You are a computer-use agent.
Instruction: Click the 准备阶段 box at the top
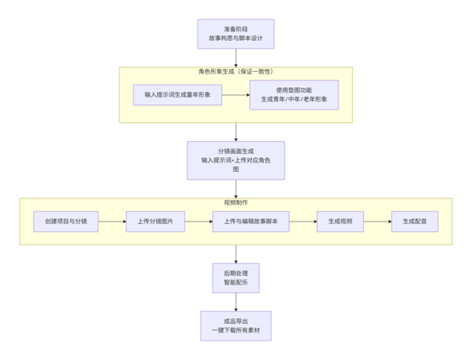(235, 34)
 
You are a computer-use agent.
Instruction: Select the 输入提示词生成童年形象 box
(177, 95)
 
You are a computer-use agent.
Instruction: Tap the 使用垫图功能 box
(293, 95)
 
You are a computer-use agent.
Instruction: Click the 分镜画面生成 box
(235, 160)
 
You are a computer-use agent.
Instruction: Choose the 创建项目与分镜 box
(66, 221)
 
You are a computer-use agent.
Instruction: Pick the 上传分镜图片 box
(155, 221)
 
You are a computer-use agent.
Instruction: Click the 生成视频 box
(340, 221)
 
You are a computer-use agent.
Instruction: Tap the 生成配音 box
(415, 221)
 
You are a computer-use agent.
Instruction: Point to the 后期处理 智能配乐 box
(235, 278)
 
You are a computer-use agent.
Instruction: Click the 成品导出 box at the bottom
(235, 326)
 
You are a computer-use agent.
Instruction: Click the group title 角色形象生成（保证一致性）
(235, 72)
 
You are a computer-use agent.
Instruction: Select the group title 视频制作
(235, 203)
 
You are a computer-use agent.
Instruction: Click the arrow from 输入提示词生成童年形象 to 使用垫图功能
(235, 95)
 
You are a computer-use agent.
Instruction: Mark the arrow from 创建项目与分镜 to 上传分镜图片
(112, 221)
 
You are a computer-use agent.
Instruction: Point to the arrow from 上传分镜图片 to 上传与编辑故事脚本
(198, 221)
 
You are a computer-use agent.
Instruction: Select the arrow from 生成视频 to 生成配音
(377, 221)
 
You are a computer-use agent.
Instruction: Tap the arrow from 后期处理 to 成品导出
(235, 302)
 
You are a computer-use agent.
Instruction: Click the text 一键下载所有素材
(235, 332)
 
